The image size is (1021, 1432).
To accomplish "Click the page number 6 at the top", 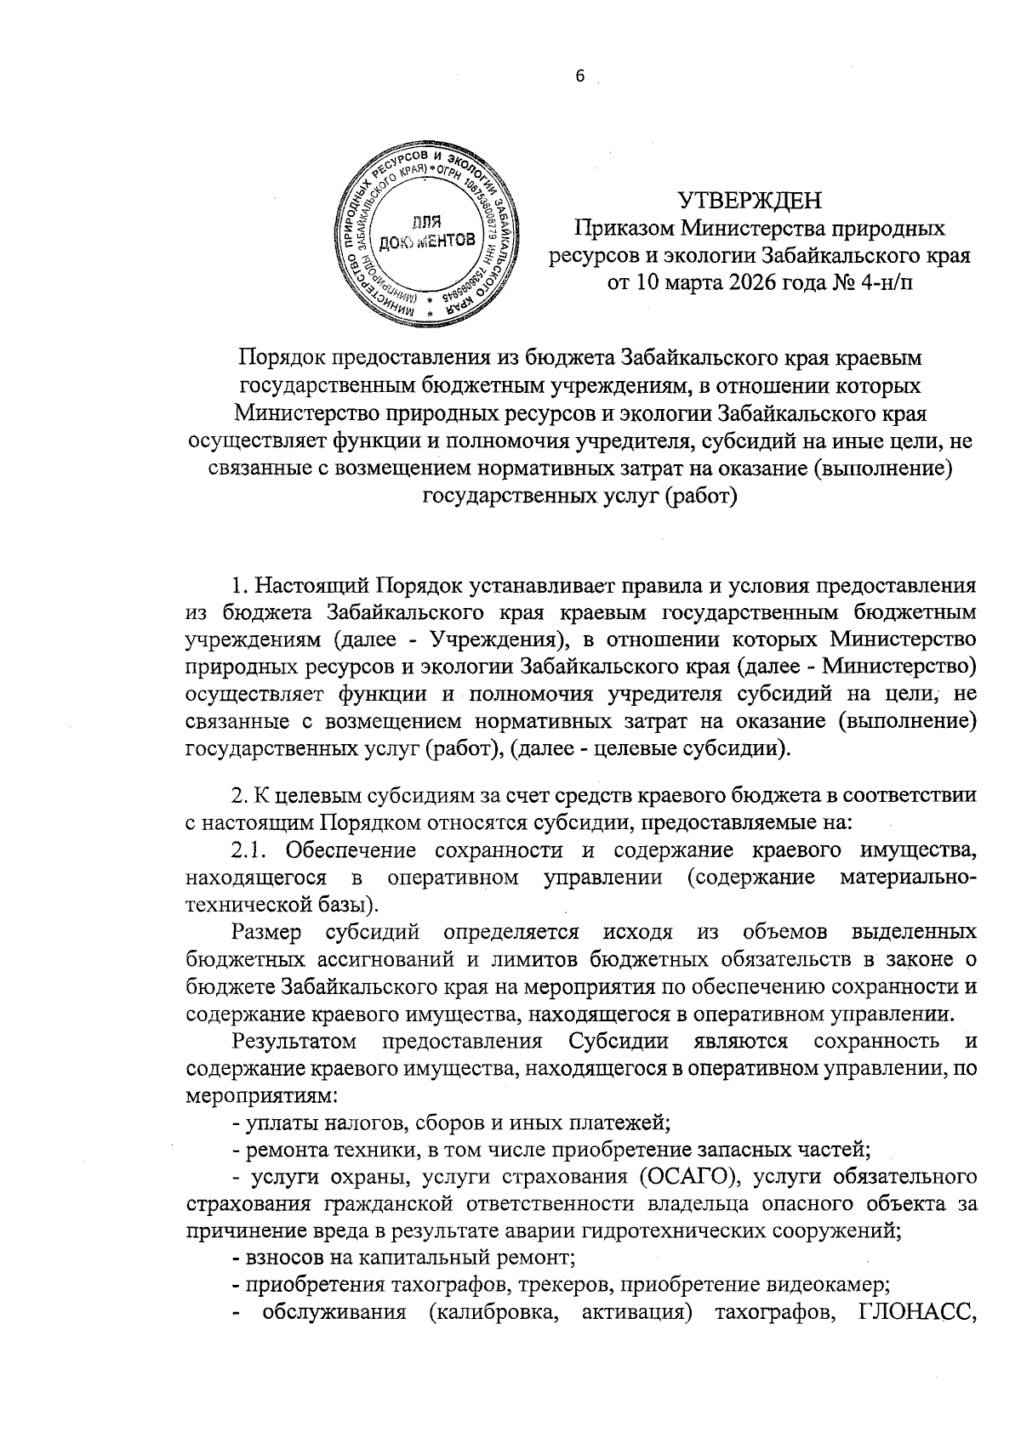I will [580, 76].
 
